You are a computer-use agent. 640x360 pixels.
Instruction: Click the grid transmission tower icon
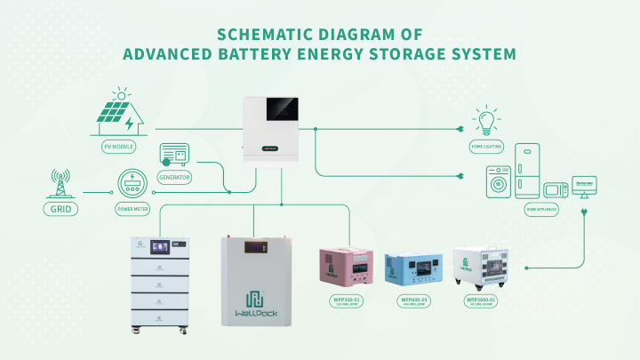point(60,183)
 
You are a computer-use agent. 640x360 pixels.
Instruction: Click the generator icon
point(174,154)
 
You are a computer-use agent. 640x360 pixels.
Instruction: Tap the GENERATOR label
point(174,176)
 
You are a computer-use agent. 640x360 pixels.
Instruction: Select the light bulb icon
point(486,121)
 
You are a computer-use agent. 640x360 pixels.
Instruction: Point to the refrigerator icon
point(526,171)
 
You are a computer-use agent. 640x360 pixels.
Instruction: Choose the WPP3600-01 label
point(481,301)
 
